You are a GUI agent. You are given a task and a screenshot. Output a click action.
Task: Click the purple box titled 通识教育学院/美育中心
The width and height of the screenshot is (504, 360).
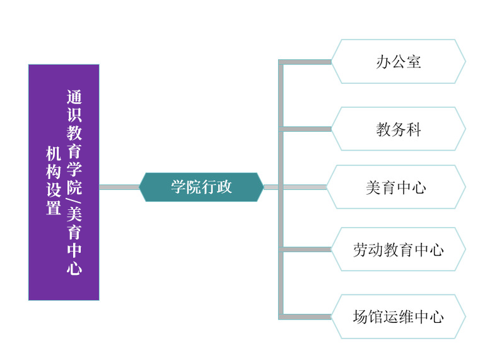[64, 182]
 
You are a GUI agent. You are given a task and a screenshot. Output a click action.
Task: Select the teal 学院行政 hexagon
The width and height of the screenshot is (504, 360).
[201, 187]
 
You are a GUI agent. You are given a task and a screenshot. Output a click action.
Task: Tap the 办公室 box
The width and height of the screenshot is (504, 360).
[398, 61]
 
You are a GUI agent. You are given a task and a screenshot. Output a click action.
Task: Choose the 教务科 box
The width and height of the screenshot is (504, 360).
[398, 129]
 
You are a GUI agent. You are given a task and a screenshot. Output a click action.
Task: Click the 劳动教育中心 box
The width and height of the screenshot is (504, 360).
[398, 250]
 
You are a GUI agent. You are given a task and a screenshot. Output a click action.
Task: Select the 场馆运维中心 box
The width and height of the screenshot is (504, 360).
[398, 316]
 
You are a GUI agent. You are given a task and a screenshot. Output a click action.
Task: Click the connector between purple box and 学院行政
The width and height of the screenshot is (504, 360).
[119, 187]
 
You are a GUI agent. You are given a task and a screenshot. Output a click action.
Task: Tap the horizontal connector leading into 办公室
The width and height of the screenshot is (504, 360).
[306, 62]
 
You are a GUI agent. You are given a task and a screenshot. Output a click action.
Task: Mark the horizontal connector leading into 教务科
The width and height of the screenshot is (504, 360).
[306, 129]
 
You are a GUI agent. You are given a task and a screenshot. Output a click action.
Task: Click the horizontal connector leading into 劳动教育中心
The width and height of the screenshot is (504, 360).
[306, 250]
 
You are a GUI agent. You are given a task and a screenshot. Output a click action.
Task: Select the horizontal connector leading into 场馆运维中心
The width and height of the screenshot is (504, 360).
[306, 316]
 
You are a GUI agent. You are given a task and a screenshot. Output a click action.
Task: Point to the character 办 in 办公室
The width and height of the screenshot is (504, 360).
[383, 62]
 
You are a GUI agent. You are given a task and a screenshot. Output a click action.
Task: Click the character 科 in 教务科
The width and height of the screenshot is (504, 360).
[414, 130]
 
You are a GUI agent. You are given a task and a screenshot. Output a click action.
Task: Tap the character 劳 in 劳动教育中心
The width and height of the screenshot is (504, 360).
[360, 250]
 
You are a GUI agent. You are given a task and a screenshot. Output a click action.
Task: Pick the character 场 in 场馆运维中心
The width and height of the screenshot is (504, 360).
[360, 317]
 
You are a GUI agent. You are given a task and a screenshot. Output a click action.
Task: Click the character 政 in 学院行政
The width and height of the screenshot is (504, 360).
[225, 187]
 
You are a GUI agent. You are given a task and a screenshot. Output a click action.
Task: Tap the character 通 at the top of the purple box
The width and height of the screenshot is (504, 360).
[74, 97]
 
